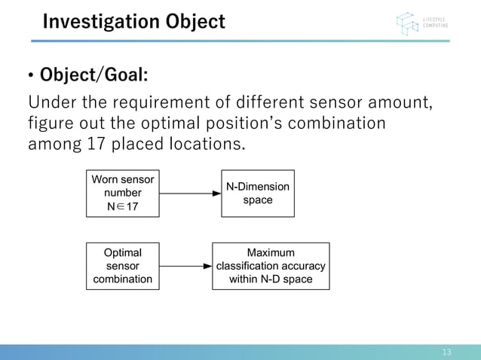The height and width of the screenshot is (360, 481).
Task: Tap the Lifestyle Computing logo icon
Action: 408,23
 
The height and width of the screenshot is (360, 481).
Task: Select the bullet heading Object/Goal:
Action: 93,76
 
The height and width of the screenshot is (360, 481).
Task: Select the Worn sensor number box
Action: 123,194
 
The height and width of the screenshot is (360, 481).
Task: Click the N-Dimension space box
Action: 257,194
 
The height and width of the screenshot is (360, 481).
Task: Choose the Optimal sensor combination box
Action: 122,266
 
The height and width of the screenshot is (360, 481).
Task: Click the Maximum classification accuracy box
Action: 271,266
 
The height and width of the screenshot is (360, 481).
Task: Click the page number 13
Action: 446,352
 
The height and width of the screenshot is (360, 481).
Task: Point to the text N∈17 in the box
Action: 122,206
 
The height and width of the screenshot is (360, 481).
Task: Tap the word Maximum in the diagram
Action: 271,252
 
